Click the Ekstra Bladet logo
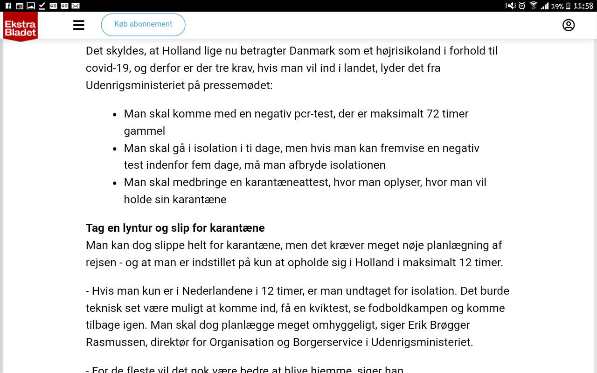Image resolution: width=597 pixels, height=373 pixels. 21,26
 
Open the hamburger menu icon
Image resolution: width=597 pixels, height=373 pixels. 79,25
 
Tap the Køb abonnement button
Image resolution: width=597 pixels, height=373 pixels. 143,25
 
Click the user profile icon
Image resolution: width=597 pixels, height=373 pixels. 568,25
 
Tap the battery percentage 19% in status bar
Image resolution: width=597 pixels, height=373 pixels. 557,6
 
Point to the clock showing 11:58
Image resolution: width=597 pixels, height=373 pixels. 583,6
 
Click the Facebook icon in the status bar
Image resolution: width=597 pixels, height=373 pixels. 8,6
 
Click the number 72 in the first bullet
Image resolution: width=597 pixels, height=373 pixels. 433,114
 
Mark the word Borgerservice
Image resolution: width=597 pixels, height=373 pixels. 327,342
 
